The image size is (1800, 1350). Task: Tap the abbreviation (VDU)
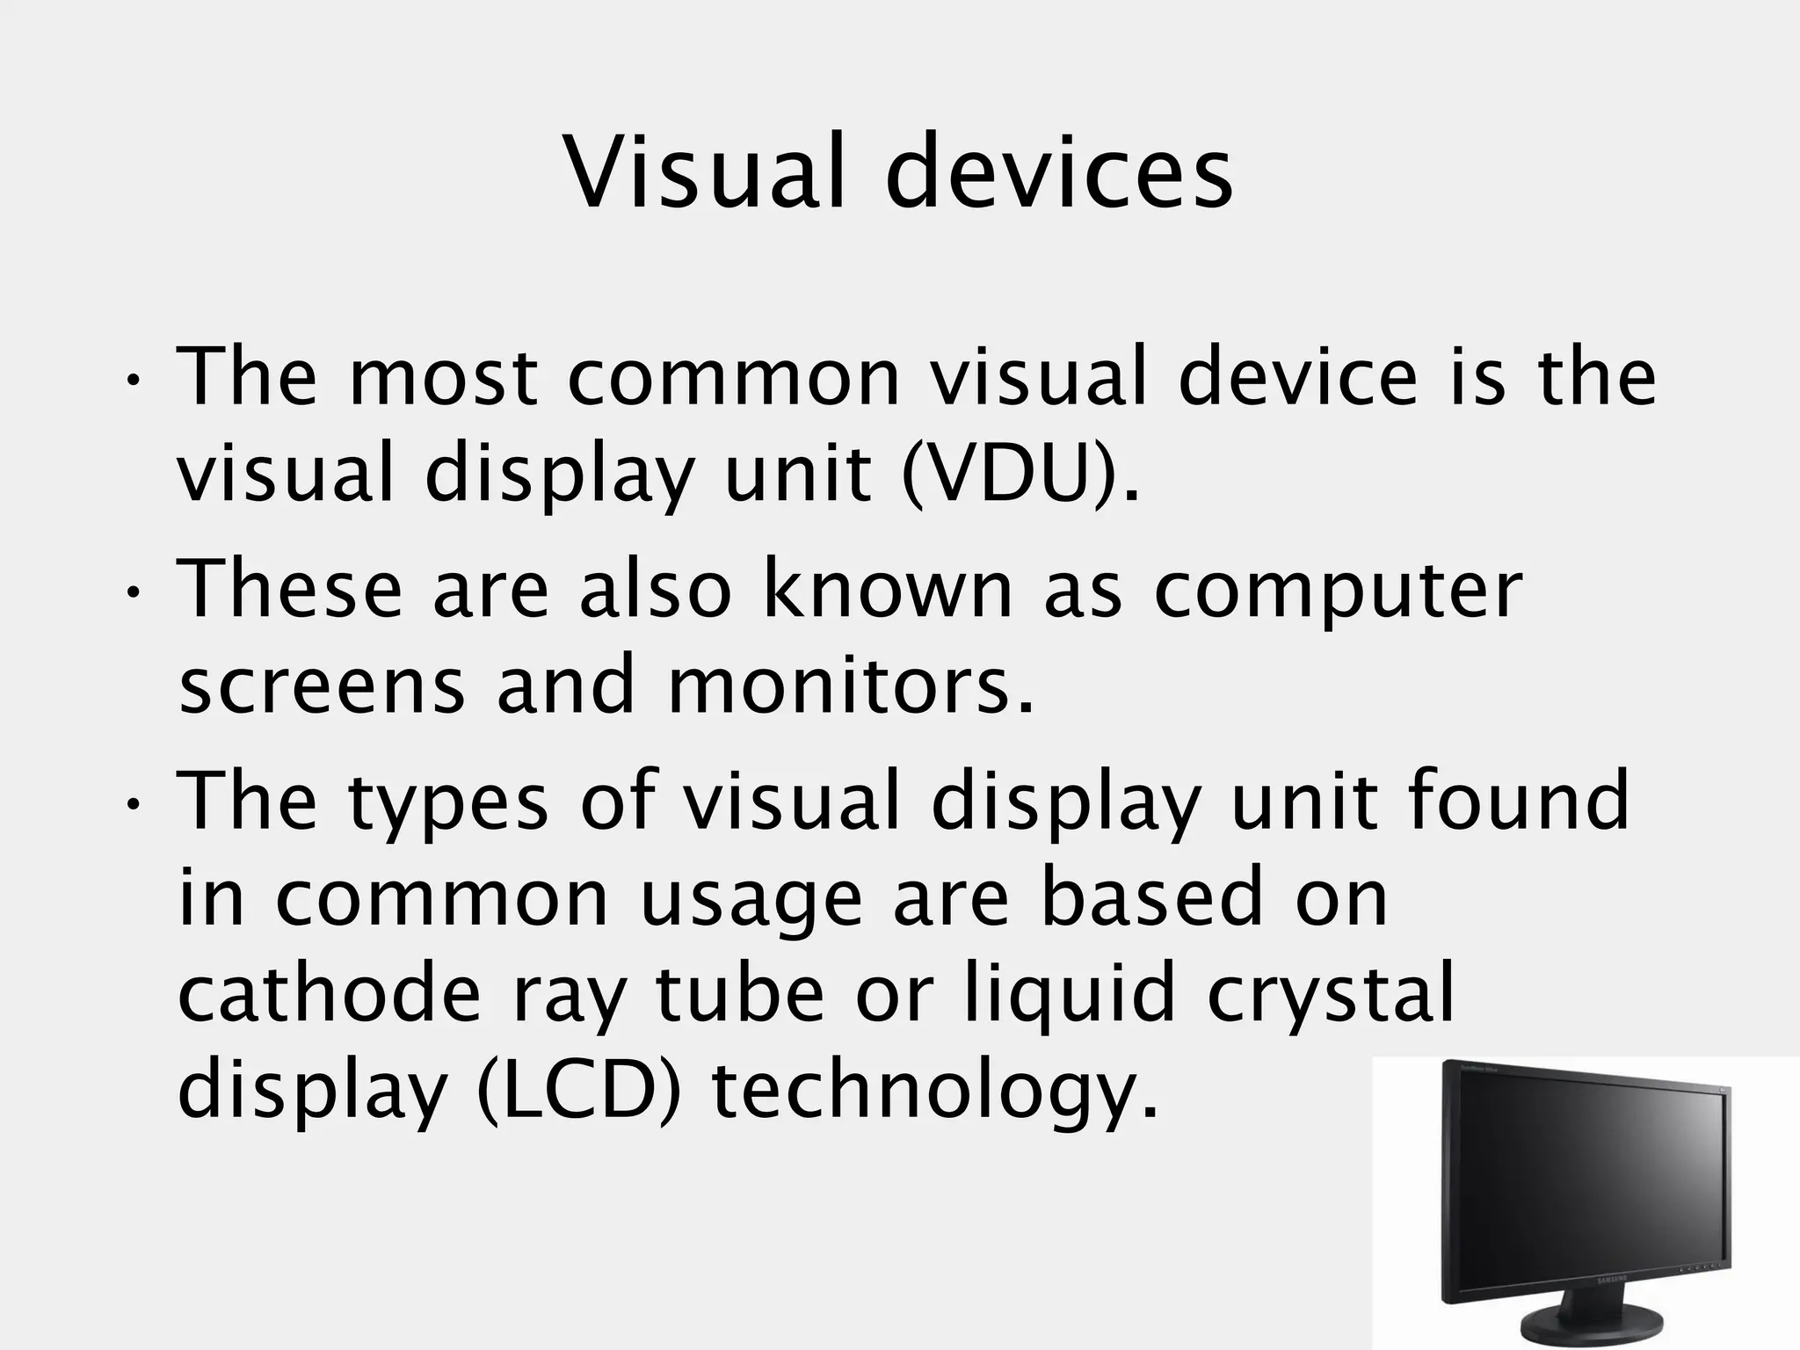pos(1020,475)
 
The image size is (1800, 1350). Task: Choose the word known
pos(888,589)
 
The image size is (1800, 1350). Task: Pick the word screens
pos(321,687)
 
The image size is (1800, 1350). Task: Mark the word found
pos(1518,800)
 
